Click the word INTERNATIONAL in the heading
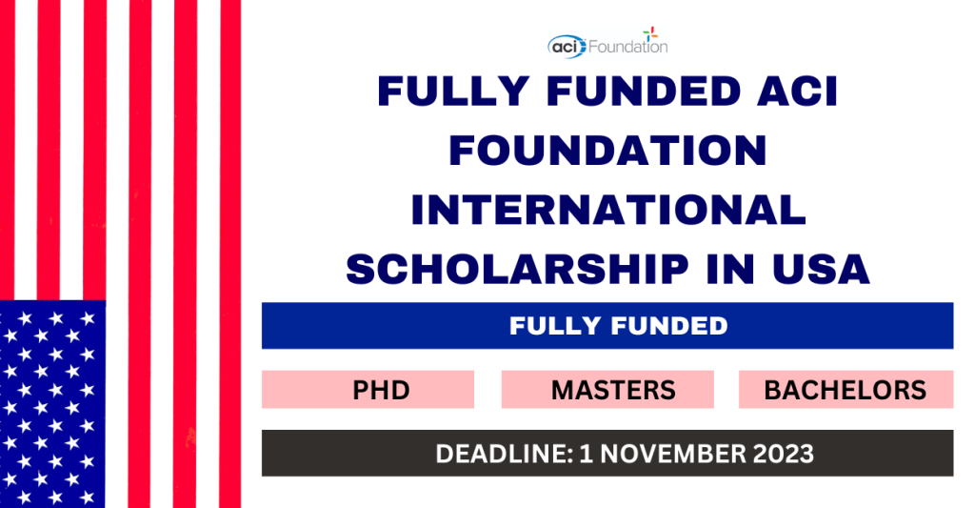coord(608,210)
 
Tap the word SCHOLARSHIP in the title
coord(517,269)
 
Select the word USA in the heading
coord(821,269)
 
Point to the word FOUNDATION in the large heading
coord(607,151)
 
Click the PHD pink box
coord(368,390)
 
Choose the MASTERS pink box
coord(607,390)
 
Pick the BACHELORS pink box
coord(846,390)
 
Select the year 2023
coord(784,454)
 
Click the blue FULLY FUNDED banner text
coord(619,326)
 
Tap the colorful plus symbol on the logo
coord(650,33)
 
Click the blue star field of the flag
coord(52,404)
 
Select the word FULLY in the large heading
coord(453,91)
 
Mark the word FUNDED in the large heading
coord(644,91)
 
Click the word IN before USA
coord(730,269)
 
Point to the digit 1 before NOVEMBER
coord(586,454)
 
